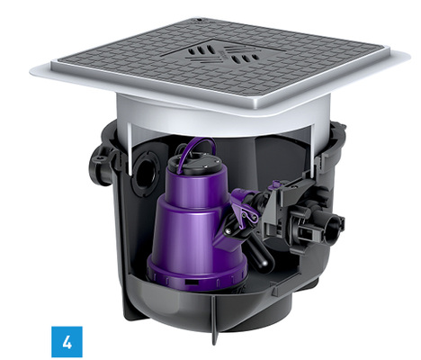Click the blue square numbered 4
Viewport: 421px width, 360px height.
coord(67,342)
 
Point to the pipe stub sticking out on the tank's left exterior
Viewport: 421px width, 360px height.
coord(100,166)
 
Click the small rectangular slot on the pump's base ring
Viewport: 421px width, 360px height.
coord(191,282)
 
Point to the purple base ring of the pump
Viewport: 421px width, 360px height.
coord(196,277)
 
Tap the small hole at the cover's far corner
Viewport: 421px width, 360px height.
coord(199,21)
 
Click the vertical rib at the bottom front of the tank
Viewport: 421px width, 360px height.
coord(215,321)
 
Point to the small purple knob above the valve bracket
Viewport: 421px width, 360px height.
coord(276,184)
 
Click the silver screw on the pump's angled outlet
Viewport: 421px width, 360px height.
coord(228,230)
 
